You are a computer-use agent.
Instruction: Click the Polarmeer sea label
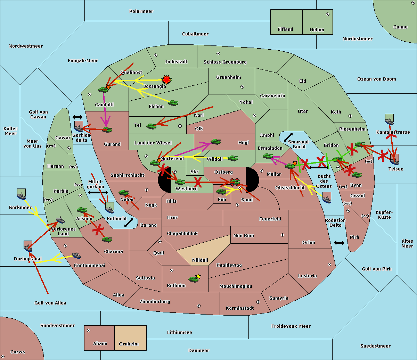click(x=141, y=11)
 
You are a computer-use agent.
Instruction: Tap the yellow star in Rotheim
click(x=198, y=276)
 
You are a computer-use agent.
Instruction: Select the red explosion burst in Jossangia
click(x=167, y=79)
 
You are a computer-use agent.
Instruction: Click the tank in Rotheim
click(x=193, y=279)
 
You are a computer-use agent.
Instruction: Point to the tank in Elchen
click(x=173, y=103)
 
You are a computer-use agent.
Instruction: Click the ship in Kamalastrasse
click(x=389, y=122)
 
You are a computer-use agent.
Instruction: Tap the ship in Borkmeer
click(x=22, y=196)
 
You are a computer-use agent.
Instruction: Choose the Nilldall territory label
click(x=200, y=260)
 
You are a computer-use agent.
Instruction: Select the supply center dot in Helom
click(x=328, y=14)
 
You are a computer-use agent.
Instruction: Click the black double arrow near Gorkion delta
click(x=77, y=117)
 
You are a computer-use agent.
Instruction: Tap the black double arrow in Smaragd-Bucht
click(x=288, y=137)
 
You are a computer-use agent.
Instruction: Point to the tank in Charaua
click(x=107, y=240)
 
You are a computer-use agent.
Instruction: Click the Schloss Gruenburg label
click(x=225, y=62)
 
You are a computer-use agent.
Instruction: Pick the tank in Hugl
click(x=215, y=142)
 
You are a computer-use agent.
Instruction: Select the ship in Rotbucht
click(x=110, y=209)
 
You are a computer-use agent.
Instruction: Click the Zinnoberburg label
click(x=155, y=302)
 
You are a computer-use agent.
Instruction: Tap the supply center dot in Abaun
click(x=88, y=330)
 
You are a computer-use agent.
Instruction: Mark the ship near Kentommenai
click(x=76, y=255)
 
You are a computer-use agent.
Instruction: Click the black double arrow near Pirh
click(x=339, y=243)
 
